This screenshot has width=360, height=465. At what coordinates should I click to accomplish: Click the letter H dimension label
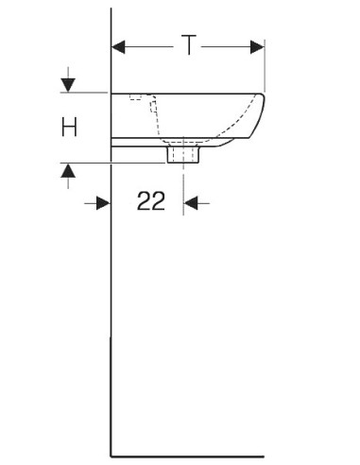69,128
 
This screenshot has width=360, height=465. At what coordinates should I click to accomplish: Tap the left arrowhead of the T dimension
120,45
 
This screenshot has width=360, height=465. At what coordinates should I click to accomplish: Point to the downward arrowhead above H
68,86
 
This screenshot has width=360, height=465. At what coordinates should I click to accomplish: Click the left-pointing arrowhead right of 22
191,202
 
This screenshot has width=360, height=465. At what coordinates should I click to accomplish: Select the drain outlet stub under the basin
181,153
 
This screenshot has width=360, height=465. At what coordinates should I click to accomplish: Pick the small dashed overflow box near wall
137,96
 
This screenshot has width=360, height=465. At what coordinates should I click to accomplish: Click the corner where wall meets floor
112,455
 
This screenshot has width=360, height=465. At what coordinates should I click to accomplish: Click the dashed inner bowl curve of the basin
155,118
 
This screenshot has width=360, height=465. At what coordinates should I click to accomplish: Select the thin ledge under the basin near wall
137,142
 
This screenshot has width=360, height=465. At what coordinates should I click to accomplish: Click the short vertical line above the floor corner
112,397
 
